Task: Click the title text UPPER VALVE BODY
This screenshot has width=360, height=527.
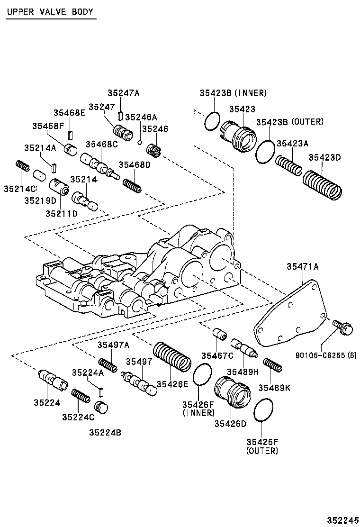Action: click(50, 12)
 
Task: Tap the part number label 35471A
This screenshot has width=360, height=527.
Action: click(302, 267)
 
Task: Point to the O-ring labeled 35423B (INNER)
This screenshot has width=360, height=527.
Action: click(212, 121)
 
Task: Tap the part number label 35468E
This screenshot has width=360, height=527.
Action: click(69, 112)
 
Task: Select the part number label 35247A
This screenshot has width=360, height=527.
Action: click(123, 93)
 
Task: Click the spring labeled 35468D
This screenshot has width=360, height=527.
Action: click(132, 184)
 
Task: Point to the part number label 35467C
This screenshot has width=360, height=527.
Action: click(217, 356)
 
